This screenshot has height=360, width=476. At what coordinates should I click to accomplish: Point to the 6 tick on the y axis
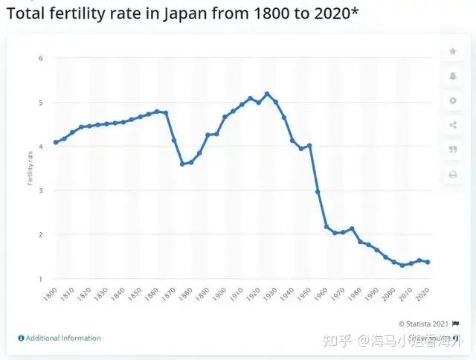42,58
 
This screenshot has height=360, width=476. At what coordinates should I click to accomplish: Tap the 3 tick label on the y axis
42,190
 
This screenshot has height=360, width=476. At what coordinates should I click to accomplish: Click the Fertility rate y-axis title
30,168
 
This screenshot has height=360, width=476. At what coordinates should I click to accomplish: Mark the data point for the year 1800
55,142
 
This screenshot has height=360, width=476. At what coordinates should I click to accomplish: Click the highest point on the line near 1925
267,94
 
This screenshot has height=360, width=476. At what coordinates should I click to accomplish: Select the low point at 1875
182,164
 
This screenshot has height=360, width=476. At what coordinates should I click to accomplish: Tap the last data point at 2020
428,262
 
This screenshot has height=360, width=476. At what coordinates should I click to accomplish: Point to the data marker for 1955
318,192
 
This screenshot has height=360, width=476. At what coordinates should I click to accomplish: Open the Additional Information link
63,338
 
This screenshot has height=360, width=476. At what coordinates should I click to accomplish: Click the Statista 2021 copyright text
423,324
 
